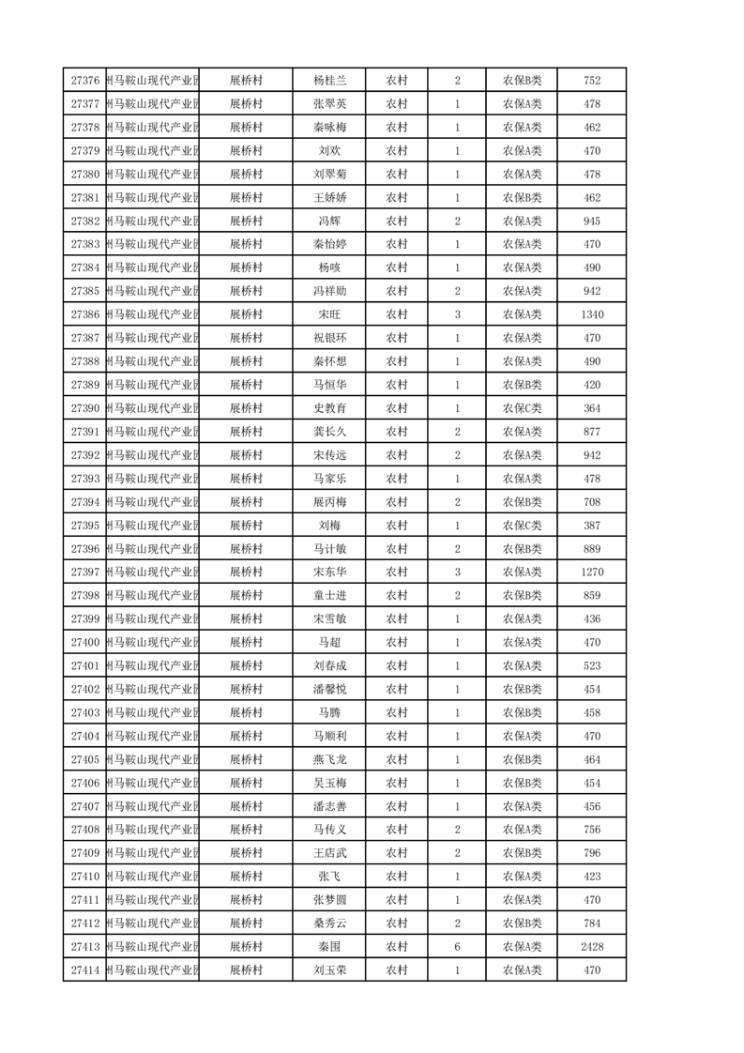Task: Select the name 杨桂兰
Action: pos(330,81)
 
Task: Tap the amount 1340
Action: pos(592,314)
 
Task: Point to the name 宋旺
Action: pos(330,314)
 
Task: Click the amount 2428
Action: pos(592,947)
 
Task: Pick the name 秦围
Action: pos(330,947)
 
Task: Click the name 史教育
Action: pos(330,408)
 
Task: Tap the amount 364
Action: pos(592,408)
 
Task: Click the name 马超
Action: pos(330,642)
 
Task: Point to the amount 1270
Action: pos(592,572)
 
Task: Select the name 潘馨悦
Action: pos(330,689)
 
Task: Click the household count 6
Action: pos(457,947)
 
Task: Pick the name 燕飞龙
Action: pos(330,759)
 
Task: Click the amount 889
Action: pos(592,549)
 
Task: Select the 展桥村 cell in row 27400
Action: pos(246,642)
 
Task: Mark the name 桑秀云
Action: pos(330,923)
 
